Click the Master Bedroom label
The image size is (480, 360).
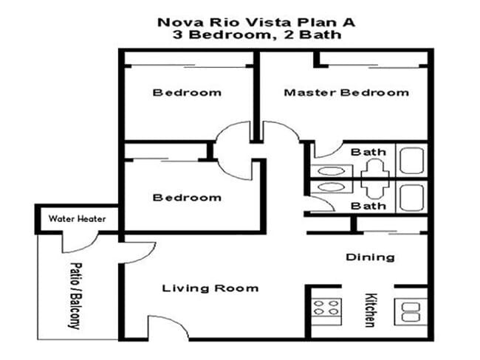click(346, 93)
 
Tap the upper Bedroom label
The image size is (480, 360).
click(187, 93)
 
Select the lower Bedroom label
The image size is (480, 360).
click(187, 198)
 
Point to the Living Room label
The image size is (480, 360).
click(210, 288)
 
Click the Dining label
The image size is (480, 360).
click(370, 257)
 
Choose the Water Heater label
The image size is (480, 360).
click(78, 219)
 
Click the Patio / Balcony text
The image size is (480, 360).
click(75, 295)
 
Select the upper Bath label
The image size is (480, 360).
click(368, 152)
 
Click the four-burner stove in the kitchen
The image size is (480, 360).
click(325, 308)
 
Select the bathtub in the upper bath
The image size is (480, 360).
click(411, 159)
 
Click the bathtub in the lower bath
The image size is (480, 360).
click(411, 198)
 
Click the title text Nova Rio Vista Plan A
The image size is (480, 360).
click(256, 21)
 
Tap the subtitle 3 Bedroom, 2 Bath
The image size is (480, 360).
click(256, 35)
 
